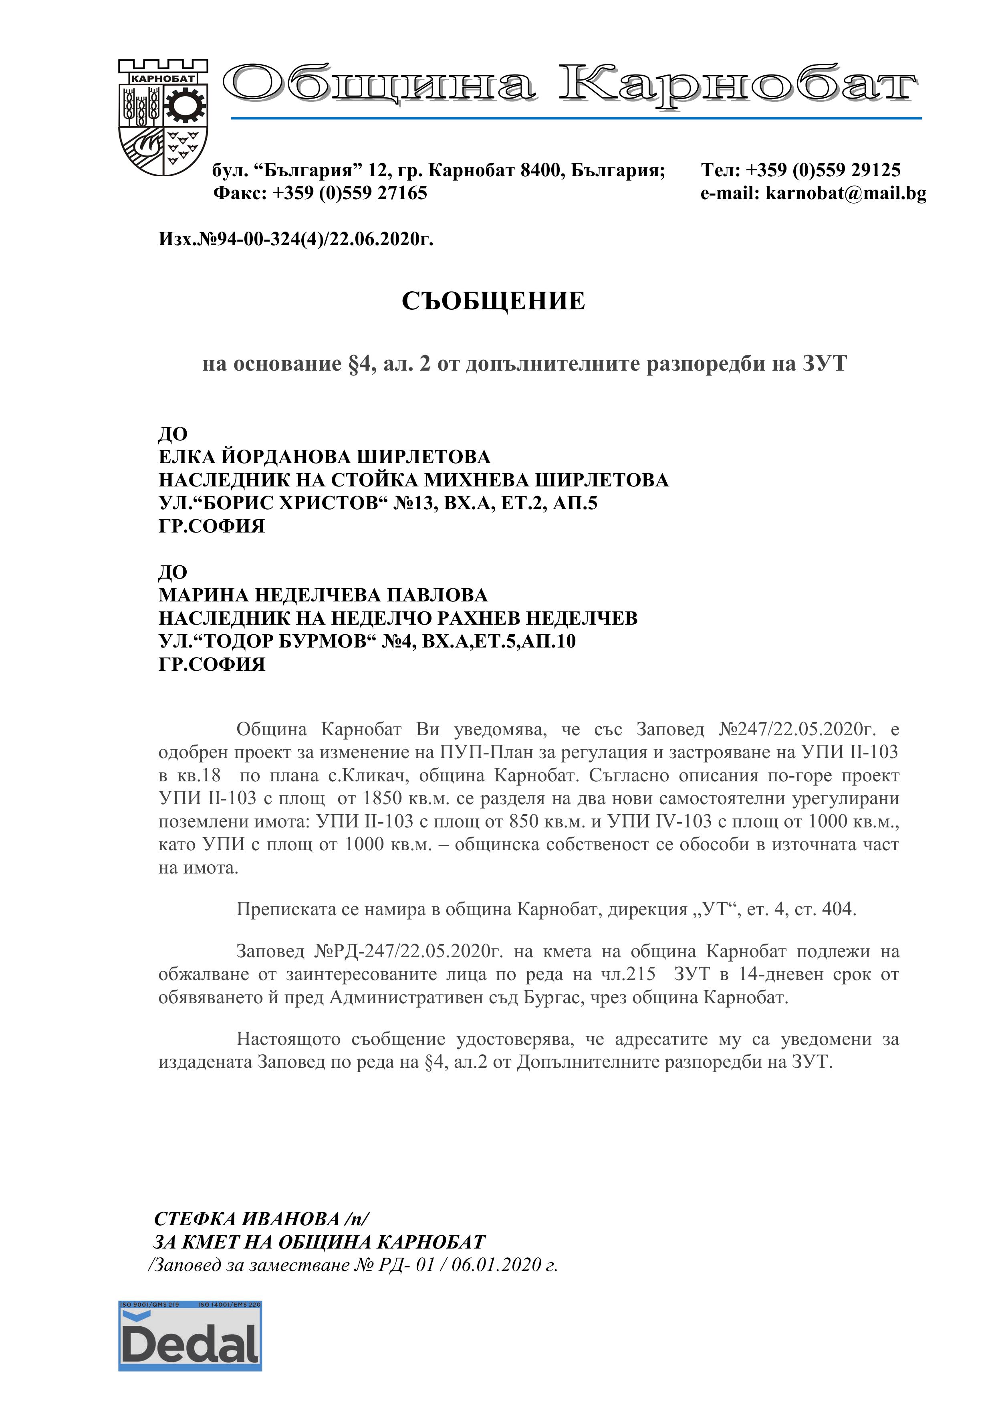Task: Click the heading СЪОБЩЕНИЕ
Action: pos(493,301)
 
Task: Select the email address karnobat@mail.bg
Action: pos(846,194)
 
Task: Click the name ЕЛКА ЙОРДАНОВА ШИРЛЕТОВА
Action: pos(325,457)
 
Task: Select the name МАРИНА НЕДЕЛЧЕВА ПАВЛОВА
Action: pos(323,595)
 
